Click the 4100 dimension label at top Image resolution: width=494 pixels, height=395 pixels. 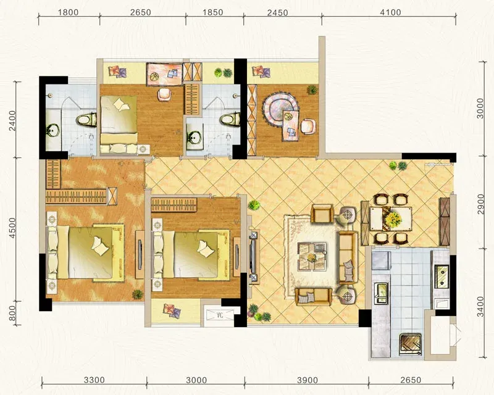coord(390,12)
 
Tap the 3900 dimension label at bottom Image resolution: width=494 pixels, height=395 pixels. coord(307,380)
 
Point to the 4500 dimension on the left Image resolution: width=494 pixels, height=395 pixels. coord(12,228)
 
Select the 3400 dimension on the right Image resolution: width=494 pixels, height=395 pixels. coord(480,307)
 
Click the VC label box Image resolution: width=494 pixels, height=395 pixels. coord(220,315)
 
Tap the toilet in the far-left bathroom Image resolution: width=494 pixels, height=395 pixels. coord(86,120)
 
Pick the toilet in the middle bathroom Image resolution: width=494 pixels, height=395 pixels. coord(230,120)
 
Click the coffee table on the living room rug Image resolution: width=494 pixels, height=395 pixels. coord(312,256)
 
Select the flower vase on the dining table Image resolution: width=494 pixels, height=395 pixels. coord(392,218)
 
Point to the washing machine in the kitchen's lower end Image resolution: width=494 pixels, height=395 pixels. coord(410,344)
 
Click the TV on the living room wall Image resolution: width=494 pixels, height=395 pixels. coord(252,256)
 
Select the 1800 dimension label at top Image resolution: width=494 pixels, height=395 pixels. coord(69,12)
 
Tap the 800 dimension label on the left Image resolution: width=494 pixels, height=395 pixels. coord(12,313)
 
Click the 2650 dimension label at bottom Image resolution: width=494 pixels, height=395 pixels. coord(411,380)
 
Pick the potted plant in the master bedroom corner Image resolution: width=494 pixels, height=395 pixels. coord(137,294)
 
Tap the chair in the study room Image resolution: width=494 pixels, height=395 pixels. coord(308,126)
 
